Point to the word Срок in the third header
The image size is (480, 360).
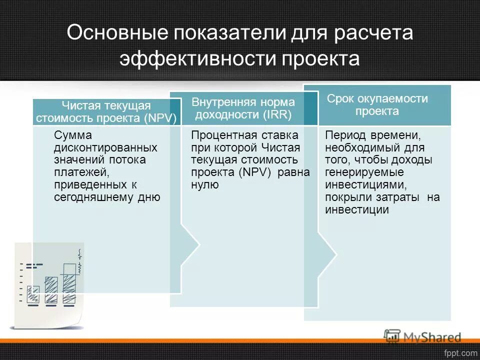339,98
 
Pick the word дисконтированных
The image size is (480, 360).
105,148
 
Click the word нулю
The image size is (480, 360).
204,184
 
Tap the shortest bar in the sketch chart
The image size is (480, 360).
33,294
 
